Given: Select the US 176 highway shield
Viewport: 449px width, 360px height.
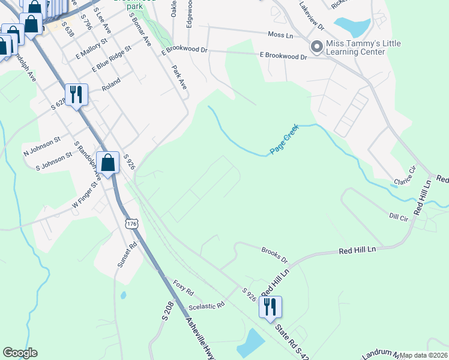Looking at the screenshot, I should (132, 224).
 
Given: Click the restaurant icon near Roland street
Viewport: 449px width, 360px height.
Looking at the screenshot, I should (76, 94).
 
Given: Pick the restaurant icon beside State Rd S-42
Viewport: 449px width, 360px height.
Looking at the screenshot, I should (270, 307).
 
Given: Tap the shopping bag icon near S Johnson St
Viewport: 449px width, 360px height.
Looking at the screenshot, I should (107, 163).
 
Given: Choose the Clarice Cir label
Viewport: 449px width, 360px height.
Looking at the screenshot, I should (405, 176).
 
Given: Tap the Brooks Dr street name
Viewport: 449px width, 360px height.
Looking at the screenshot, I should (275, 255).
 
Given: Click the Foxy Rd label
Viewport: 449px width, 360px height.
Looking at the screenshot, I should (183, 288).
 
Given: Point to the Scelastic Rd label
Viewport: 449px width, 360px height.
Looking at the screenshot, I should (206, 305).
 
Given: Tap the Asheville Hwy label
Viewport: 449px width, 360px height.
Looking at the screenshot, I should (199, 337).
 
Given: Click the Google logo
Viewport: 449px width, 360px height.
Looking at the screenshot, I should (20, 353).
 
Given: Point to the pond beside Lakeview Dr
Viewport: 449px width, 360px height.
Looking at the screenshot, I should (352, 26).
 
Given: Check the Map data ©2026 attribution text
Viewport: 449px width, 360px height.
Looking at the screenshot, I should (423, 355).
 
